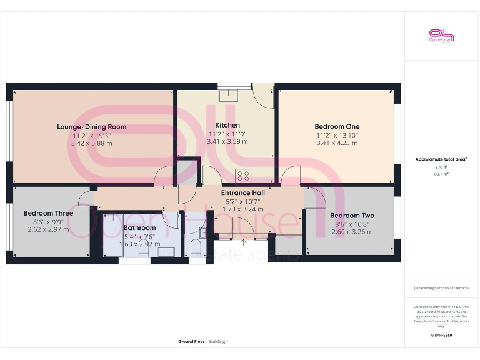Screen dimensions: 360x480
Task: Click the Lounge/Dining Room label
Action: (91, 127)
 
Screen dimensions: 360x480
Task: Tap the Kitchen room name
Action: (227, 125)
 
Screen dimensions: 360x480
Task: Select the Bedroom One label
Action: (337, 126)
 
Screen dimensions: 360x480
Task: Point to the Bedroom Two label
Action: (352, 216)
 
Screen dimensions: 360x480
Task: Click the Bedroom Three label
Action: (48, 213)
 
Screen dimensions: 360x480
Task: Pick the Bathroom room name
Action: (139, 227)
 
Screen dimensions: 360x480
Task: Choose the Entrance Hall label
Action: (243, 192)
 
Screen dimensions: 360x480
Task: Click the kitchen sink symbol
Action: (227, 96)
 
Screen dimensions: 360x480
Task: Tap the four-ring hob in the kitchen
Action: (242, 175)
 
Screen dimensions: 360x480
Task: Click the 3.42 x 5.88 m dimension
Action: (91, 143)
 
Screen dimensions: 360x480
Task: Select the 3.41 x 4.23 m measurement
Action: (337, 142)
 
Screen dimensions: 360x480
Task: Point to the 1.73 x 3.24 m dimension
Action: (243, 209)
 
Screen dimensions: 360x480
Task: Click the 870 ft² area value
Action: (441, 167)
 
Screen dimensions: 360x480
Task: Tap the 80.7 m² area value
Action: (441, 174)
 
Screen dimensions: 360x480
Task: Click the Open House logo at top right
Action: (441, 36)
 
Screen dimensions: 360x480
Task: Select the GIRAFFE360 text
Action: (441, 336)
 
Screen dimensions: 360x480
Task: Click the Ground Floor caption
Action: (191, 342)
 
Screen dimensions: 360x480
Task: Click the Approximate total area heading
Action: (441, 159)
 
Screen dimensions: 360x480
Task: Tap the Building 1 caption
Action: (218, 342)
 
